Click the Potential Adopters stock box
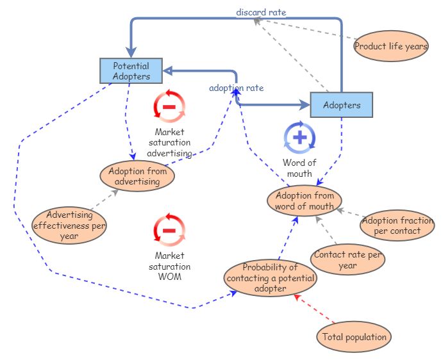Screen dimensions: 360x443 click(x=131, y=71)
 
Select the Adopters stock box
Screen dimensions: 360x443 click(x=342, y=105)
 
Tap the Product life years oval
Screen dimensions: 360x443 click(x=391, y=46)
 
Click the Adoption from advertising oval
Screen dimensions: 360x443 click(x=138, y=176)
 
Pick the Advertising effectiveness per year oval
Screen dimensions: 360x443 click(x=69, y=225)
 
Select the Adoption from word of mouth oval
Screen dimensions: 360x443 click(x=305, y=200)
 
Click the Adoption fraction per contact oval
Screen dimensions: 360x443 click(x=397, y=225)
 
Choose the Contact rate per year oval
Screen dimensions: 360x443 click(x=348, y=259)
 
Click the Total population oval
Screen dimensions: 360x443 click(x=355, y=336)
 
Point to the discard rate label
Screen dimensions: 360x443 click(x=261, y=12)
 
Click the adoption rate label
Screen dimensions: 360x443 click(x=236, y=88)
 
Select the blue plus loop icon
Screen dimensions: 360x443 click(x=299, y=136)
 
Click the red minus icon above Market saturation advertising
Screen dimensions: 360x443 click(x=169, y=106)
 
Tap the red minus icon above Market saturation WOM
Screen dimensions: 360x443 click(x=169, y=230)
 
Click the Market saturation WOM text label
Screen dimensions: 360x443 click(x=169, y=266)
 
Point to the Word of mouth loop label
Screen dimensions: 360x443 click(x=299, y=168)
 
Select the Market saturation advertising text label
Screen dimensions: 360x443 click(x=169, y=143)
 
